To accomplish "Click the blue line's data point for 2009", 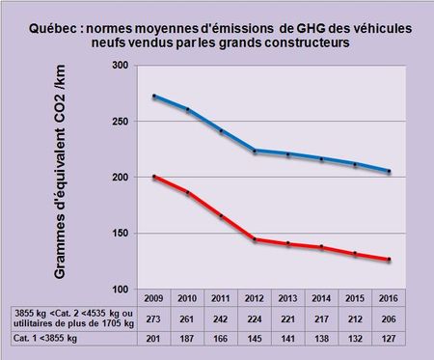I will [x=154, y=96].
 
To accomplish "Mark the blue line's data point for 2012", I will [x=255, y=151].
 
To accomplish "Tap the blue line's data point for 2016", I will [x=388, y=171].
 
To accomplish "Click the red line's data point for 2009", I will [x=154, y=177].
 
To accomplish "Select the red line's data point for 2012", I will [x=255, y=239].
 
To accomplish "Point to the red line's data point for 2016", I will [x=388, y=260].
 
